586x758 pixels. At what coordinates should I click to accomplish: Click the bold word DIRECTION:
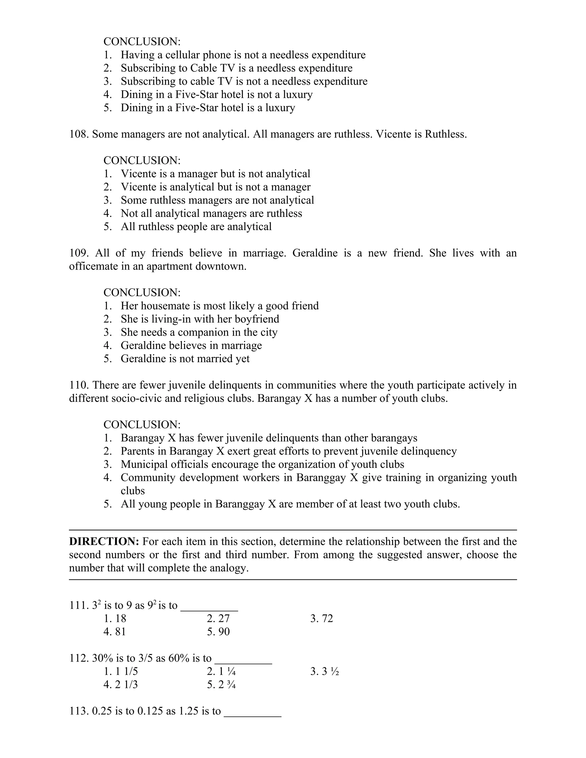104,541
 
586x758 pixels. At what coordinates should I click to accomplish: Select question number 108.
79,134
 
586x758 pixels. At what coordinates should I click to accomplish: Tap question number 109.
79,253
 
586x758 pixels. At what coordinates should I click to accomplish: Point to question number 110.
79,385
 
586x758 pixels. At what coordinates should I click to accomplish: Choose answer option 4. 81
114,632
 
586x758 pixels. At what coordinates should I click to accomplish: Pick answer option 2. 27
218,618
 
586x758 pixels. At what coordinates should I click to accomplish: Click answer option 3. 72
321,618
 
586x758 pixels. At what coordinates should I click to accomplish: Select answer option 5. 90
218,632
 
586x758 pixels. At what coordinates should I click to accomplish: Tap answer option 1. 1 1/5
120,671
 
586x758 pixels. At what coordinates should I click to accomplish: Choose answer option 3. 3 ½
324,671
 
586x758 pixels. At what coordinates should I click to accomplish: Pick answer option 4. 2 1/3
120,684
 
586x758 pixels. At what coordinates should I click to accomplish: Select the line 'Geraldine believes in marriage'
191,345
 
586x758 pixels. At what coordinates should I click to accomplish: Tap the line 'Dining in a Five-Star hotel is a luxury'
208,108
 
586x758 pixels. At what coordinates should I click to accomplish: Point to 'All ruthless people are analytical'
196,227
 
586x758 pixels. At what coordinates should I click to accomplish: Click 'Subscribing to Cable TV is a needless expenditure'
236,68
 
